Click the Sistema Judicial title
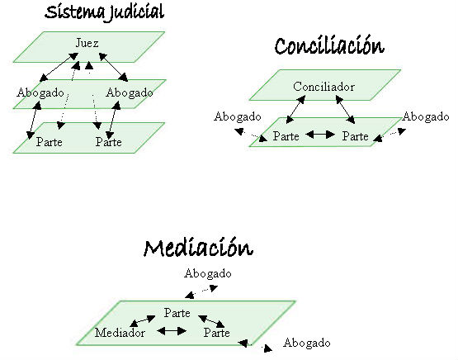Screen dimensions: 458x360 (x=104, y=13)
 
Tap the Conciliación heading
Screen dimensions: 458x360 (x=329, y=45)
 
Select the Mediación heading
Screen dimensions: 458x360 (x=198, y=248)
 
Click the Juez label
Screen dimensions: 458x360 (x=87, y=43)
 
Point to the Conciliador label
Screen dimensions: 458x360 (x=323, y=87)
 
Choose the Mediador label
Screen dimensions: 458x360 (x=120, y=333)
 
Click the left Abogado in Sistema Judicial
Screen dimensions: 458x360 (x=40, y=93)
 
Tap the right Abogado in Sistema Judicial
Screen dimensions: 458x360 (x=130, y=93)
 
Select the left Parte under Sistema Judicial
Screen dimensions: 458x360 (x=49, y=142)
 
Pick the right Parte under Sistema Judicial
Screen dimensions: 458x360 (x=108, y=142)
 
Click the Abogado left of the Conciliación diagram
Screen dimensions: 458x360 (x=237, y=117)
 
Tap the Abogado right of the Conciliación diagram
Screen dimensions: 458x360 (x=426, y=117)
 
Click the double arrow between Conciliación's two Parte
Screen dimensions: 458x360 (x=320, y=135)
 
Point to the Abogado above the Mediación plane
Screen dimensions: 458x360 (x=208, y=274)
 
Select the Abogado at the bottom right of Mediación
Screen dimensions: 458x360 (x=307, y=343)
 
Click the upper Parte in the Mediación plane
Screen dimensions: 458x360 (x=177, y=313)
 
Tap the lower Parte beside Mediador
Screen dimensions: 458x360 (x=216, y=333)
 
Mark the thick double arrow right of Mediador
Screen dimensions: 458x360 (x=172, y=331)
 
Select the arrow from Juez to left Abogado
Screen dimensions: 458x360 (x=59, y=67)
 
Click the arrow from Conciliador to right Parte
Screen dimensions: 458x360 (x=345, y=110)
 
